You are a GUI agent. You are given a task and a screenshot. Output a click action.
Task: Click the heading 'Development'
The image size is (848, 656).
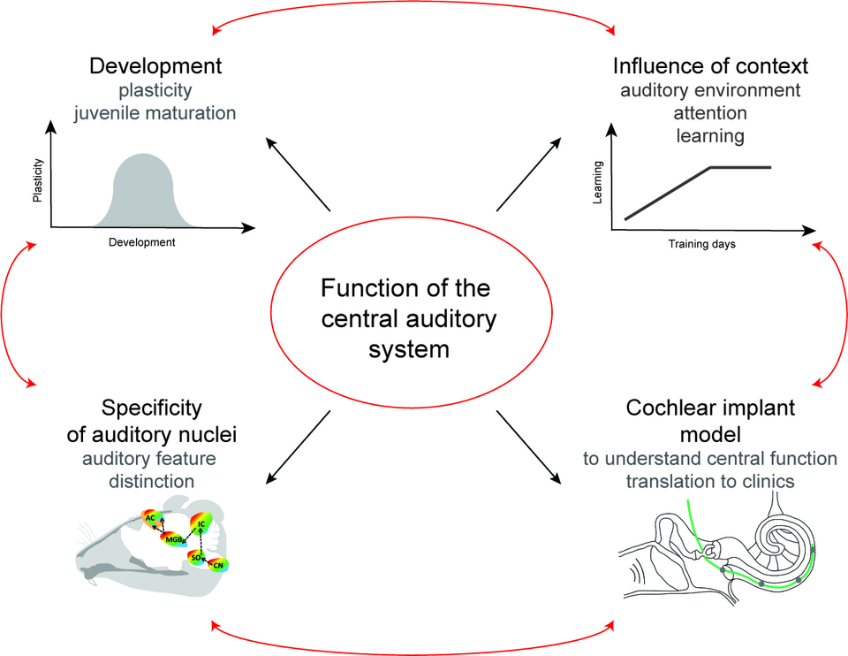point(155,66)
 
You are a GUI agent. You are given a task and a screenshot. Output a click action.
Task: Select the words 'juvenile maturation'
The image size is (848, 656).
point(155,112)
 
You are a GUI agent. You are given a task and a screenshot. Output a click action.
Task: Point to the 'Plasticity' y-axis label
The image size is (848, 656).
point(38,181)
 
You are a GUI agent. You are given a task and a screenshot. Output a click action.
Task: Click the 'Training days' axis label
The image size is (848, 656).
point(701,243)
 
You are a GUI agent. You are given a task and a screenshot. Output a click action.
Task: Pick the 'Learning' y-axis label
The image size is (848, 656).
point(599,182)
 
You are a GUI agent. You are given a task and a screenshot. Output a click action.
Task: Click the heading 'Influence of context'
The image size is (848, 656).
point(710,66)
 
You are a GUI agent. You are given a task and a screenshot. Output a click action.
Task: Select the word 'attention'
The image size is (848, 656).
point(710,113)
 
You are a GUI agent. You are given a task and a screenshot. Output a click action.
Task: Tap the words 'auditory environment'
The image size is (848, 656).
point(710,90)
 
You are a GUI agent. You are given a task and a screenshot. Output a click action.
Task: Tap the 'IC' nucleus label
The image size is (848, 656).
point(201,524)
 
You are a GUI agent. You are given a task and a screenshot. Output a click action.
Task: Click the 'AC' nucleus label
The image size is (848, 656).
point(150,517)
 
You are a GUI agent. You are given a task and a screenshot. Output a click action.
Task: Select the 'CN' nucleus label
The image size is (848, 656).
point(217,563)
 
